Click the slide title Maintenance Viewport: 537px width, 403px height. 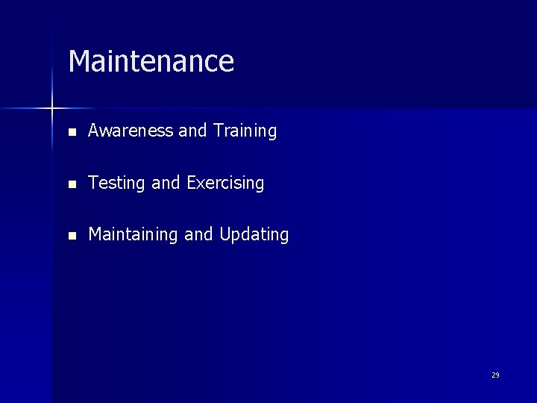[151, 61]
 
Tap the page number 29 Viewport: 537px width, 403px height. [495, 375]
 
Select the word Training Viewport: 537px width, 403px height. [245, 131]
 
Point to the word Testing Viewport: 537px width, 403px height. [117, 184]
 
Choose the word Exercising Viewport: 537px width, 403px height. [225, 184]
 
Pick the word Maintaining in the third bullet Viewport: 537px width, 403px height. [134, 235]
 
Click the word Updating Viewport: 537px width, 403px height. [254, 235]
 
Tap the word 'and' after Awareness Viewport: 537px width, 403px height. [192, 131]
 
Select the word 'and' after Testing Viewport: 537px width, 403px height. [166, 184]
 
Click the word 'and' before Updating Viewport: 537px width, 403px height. [198, 235]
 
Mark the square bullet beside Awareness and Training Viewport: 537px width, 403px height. [72, 132]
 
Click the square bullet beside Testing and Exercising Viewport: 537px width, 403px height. [72, 184]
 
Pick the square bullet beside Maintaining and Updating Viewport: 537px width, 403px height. [72, 236]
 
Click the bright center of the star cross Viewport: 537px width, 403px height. [52, 109]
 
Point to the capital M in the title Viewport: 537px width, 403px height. [78, 61]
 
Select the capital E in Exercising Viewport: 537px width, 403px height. [192, 184]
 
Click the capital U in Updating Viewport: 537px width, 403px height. [224, 235]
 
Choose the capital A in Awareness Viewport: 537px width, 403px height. [94, 131]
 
